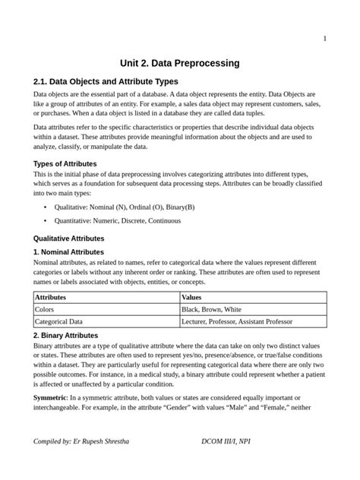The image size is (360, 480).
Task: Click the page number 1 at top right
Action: click(325, 39)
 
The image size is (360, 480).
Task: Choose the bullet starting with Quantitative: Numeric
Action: click(117, 221)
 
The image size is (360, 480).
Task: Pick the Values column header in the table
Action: click(191, 298)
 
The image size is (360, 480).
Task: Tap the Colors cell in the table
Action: click(46, 310)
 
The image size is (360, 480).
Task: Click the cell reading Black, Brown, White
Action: click(211, 310)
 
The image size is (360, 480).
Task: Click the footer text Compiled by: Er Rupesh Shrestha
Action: click(81, 441)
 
